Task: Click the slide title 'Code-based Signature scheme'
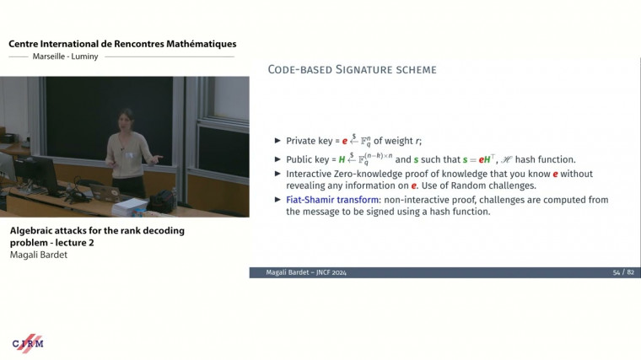352,69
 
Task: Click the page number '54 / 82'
622,272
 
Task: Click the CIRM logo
28,342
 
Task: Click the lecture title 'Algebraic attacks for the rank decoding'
97,230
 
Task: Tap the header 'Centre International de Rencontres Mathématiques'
122,44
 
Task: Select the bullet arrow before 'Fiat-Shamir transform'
278,200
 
